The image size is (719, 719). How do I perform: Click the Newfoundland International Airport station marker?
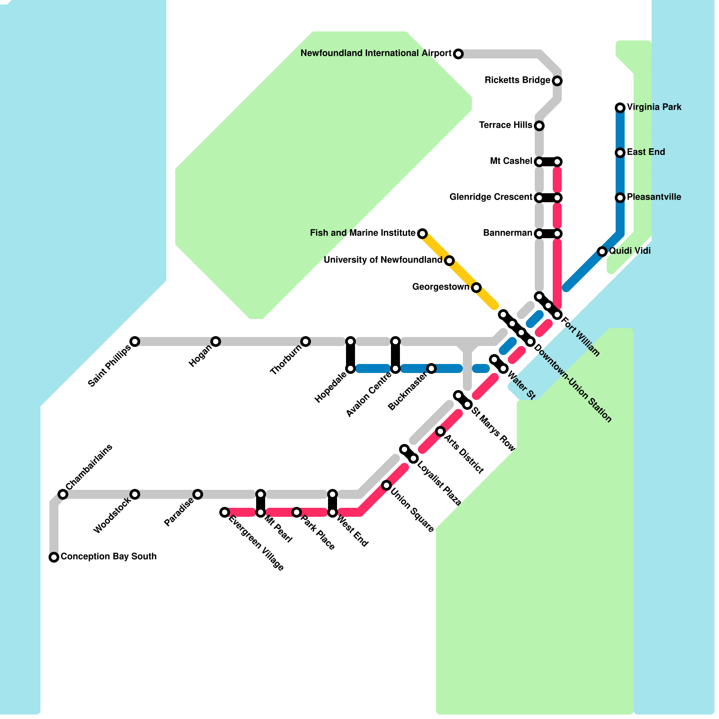pos(458,54)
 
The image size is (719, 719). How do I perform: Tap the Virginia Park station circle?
pos(620,107)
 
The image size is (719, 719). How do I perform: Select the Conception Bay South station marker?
pos(54,557)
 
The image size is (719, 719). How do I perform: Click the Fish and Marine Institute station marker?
pos(422,233)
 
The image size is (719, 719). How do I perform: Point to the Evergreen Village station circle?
pos(225,512)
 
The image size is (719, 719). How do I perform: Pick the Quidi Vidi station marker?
pos(602,252)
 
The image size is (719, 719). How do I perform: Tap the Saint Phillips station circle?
pos(135,342)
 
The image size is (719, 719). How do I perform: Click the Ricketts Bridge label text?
pos(517,80)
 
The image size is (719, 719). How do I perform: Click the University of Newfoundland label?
pos(382,260)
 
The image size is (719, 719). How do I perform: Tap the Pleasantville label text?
pos(654,197)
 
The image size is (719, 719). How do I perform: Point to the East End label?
pos(646,152)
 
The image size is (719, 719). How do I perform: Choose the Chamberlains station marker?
pos(63,494)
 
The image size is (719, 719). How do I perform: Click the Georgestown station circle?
pos(476,288)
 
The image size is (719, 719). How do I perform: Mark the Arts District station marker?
pos(440,431)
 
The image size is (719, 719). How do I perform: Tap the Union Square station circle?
pos(386,485)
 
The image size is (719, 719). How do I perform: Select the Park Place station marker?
pos(297,512)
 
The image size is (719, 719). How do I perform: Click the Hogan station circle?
pos(216,342)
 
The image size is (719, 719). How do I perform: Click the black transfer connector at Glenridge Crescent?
pos(548,198)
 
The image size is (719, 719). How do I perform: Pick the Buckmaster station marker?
pos(431,368)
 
